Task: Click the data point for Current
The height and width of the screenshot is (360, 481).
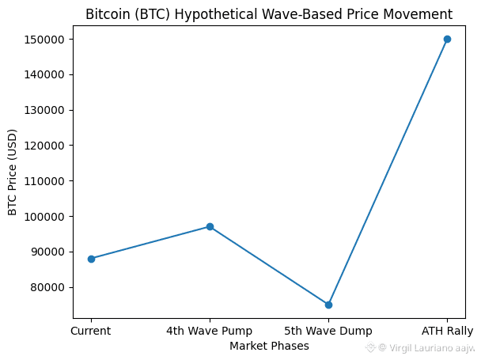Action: [x=91, y=259]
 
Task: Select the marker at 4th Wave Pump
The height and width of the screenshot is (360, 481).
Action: [x=210, y=227]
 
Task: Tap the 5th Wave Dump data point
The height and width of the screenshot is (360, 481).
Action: [x=328, y=305]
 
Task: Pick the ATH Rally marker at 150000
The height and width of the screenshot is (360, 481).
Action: [x=447, y=39]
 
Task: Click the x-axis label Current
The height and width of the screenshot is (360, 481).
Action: [x=91, y=331]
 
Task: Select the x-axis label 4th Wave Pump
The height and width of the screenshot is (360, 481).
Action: [x=210, y=331]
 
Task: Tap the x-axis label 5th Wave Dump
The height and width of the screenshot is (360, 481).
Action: [x=328, y=331]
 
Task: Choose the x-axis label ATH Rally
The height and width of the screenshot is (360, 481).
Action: [x=447, y=331]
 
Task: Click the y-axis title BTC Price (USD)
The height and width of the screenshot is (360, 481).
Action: [x=13, y=172]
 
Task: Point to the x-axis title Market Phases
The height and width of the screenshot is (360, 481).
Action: [x=269, y=346]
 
